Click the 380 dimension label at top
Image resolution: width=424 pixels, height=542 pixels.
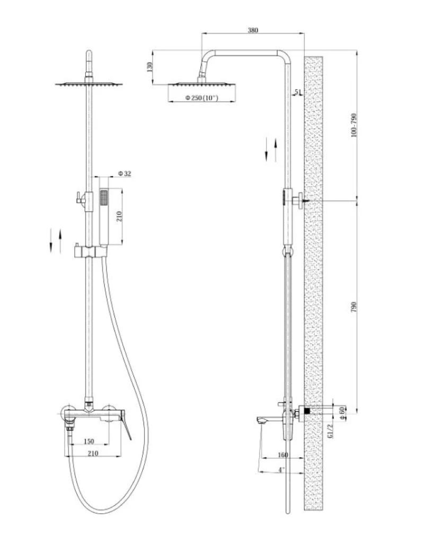[x=253, y=30]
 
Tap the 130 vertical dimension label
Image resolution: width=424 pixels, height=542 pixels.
[x=149, y=67]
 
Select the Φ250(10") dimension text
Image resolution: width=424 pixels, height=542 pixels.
[x=202, y=98]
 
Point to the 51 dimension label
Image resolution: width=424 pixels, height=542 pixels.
[x=298, y=92]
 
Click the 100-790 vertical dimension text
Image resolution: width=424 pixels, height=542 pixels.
[x=353, y=125]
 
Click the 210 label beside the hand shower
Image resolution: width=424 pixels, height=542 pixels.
[x=119, y=217]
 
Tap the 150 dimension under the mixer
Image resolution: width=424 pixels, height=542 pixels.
[x=89, y=441]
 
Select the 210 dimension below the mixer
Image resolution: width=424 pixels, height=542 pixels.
[x=93, y=453]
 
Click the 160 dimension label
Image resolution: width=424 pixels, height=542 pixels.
[x=282, y=454]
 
